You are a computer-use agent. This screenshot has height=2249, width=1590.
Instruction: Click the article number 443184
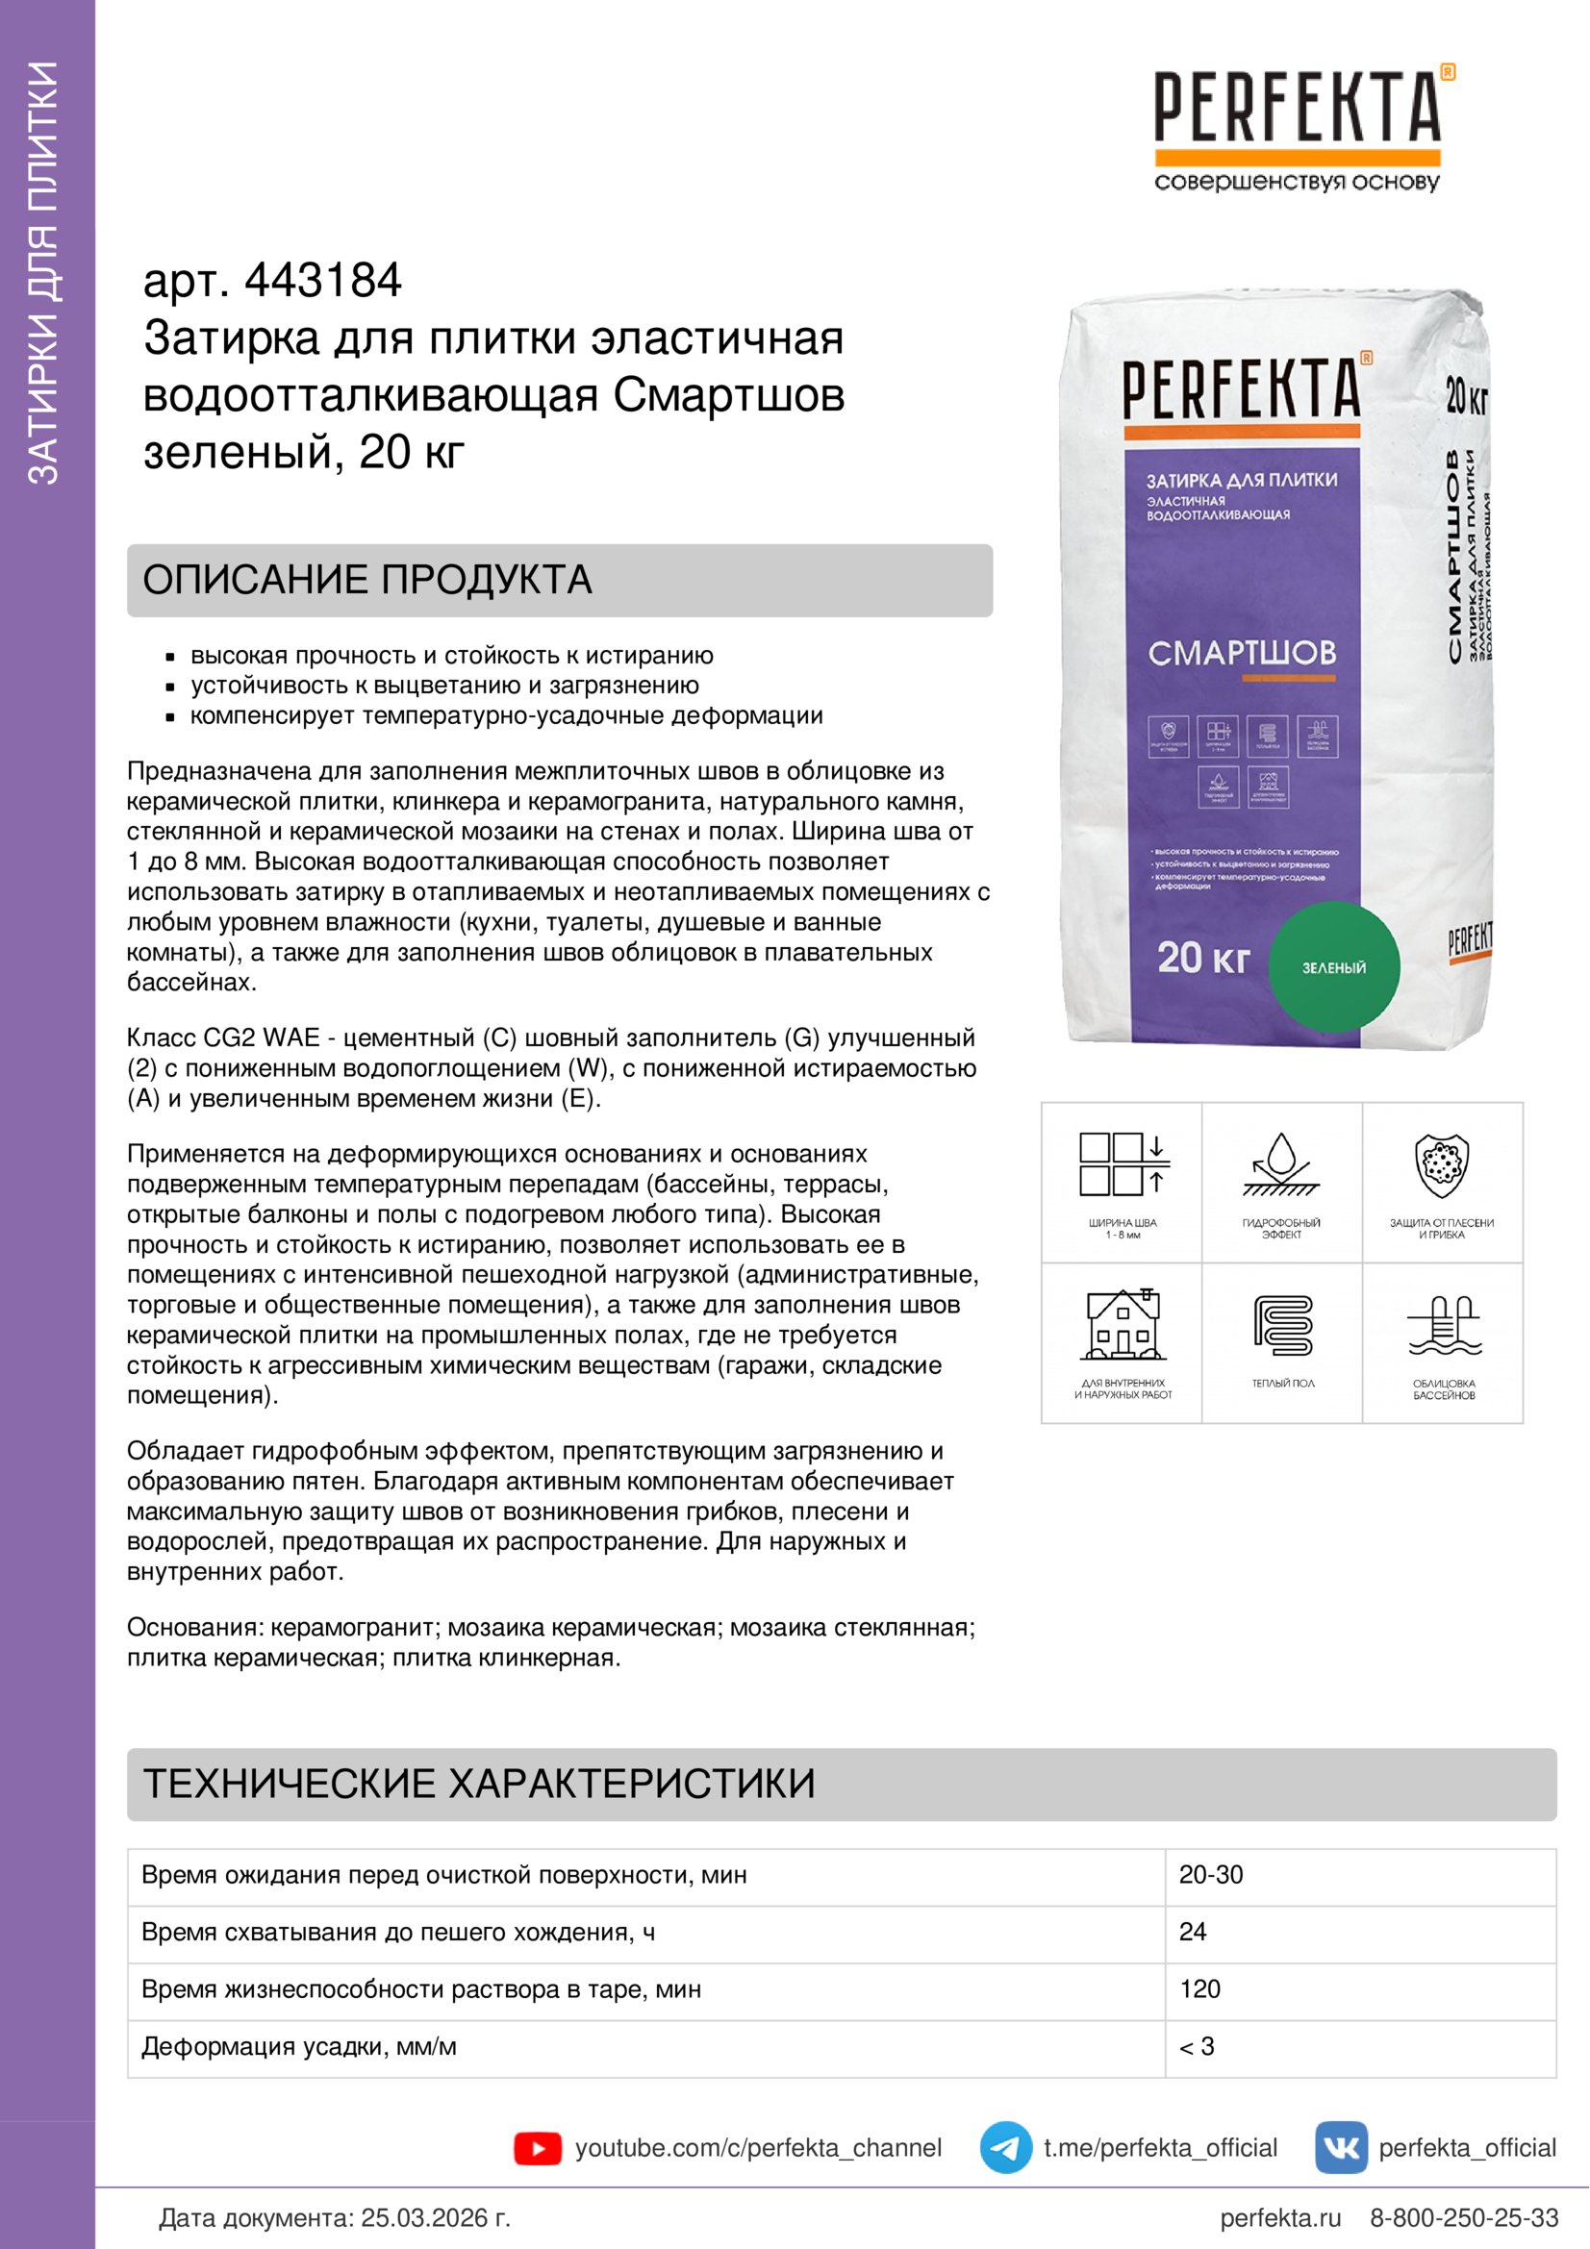coord(322,281)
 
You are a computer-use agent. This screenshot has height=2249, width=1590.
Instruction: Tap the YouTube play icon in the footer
coord(537,2148)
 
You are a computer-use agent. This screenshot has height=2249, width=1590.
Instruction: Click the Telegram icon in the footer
coord(1005,2148)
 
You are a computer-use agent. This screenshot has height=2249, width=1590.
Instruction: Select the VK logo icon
coord(1340,2148)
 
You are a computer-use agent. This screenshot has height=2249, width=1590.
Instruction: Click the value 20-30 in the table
coord(1211,1875)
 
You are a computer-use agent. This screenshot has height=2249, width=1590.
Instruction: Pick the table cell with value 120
coord(1200,1989)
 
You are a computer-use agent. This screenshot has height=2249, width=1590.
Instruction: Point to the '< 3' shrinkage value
coord(1197,2046)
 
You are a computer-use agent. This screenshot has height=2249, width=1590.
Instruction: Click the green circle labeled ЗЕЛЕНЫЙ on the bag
coord(1333,966)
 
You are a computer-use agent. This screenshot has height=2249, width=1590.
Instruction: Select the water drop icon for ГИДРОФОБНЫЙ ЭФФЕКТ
coord(1281,1165)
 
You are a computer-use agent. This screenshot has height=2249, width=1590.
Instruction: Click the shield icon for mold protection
coord(1442,1165)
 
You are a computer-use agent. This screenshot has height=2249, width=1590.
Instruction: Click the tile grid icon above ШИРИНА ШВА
coord(1123,1165)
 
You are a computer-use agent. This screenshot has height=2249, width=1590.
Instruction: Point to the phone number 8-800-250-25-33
coord(1464,2217)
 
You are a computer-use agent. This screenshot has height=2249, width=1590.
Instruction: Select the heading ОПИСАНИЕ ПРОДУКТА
coord(367,580)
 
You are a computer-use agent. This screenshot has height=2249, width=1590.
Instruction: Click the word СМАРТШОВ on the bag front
coord(1241,653)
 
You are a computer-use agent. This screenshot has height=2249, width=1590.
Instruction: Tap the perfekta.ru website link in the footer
coord(1279,2217)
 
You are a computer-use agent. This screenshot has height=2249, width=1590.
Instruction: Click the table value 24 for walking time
coord(1192,1932)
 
